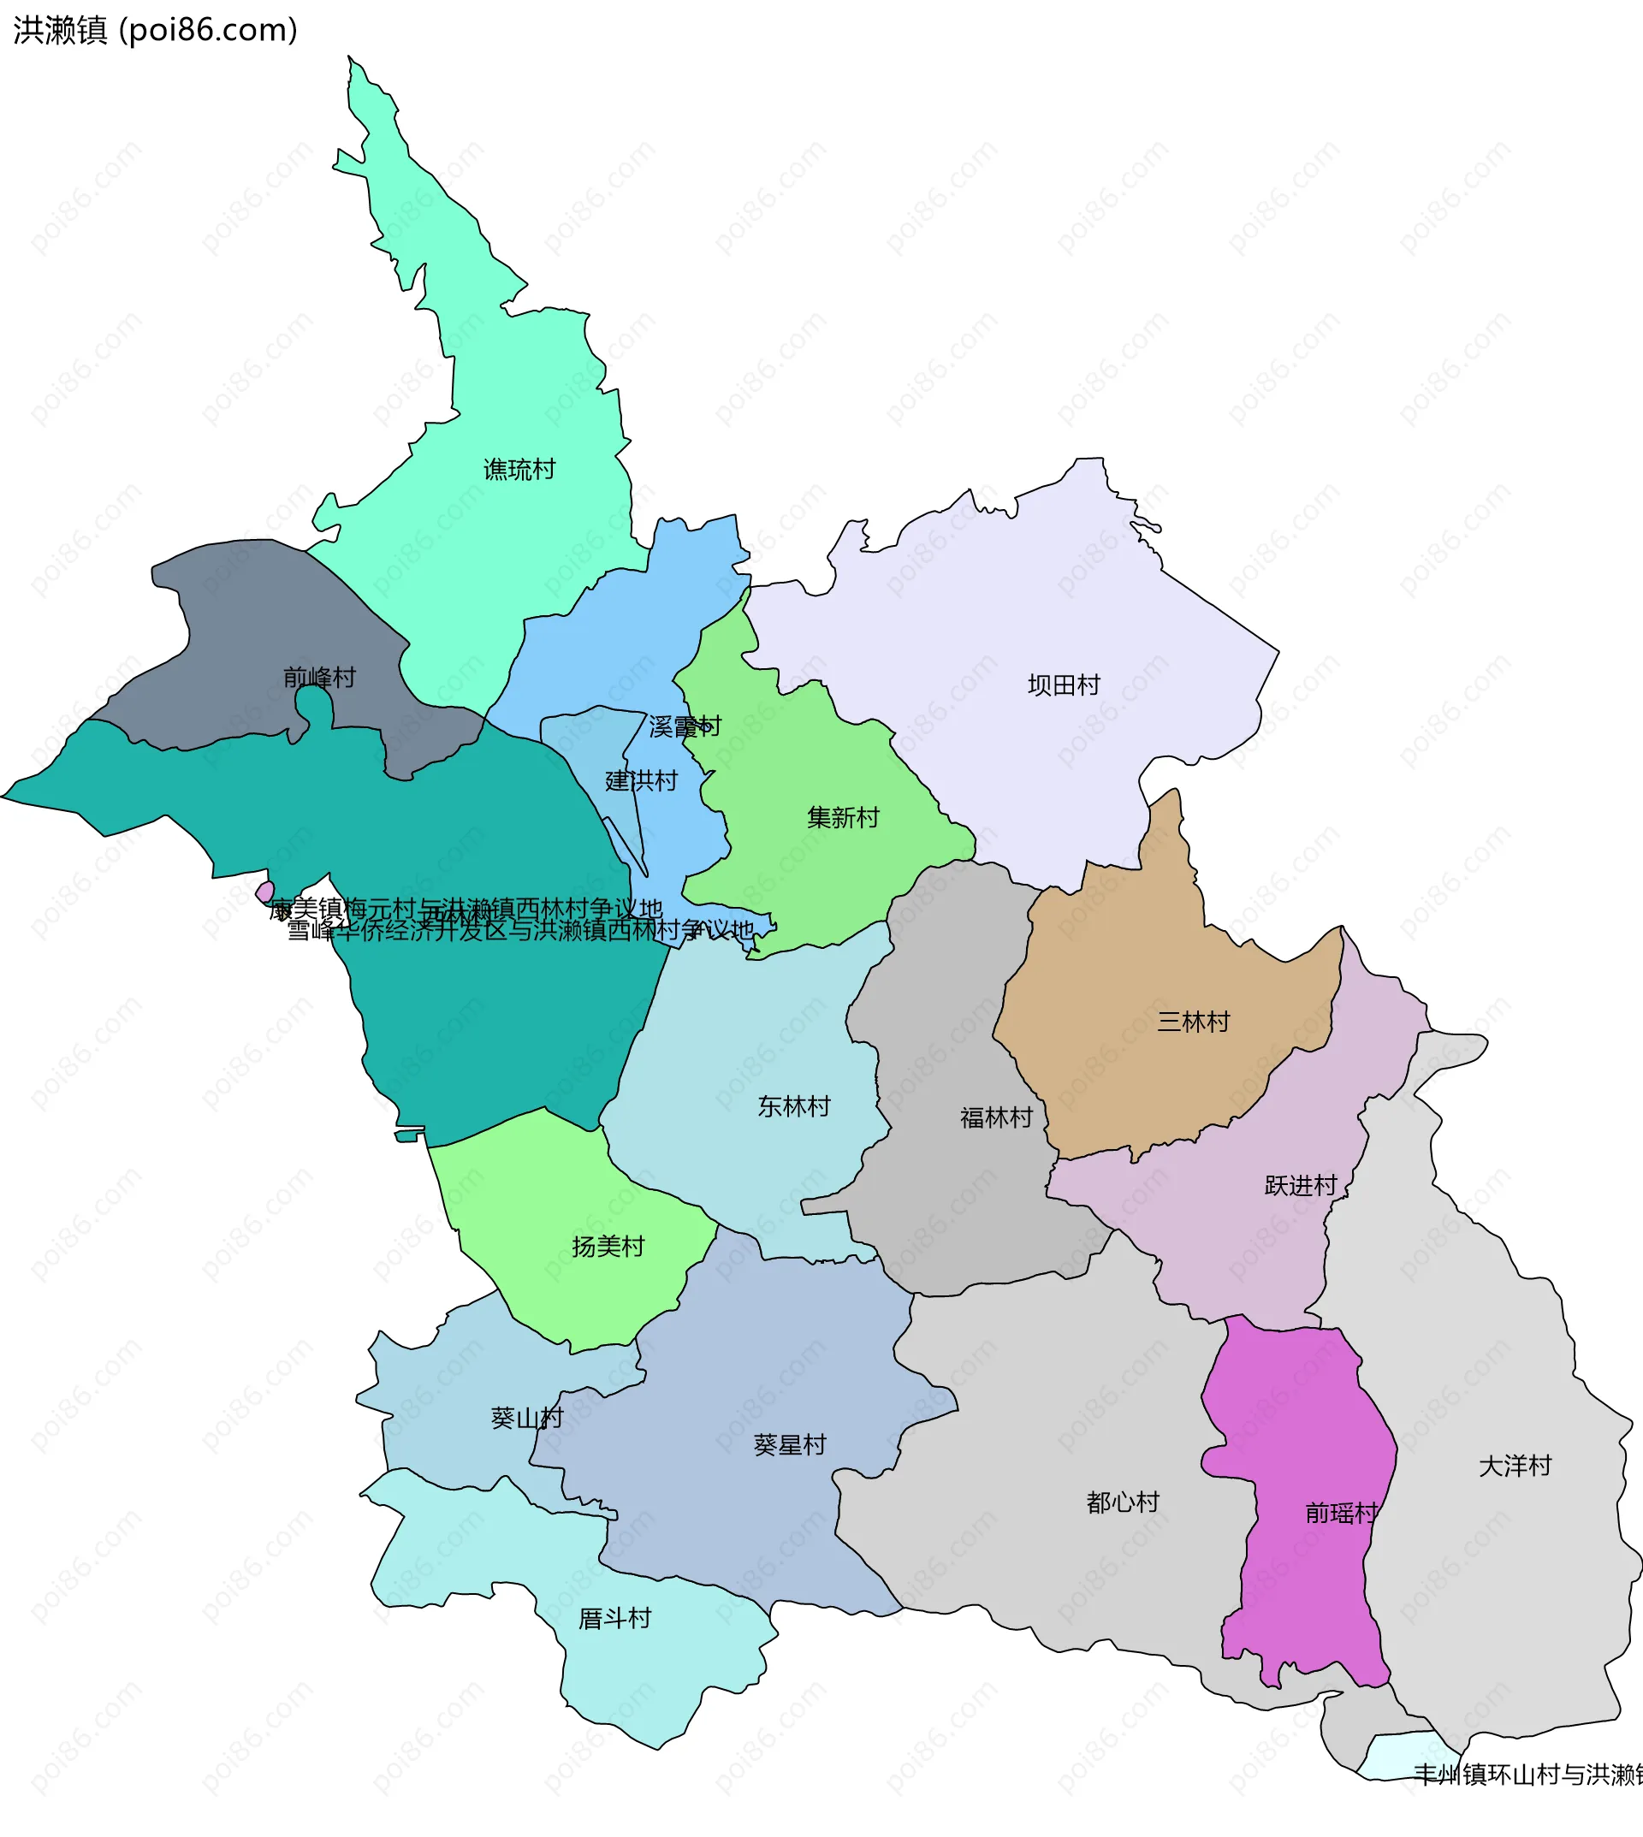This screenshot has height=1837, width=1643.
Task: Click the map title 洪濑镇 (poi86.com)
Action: [x=155, y=31]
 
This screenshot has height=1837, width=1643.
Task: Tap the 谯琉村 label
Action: [x=519, y=470]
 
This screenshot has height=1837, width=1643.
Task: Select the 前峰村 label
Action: [x=319, y=677]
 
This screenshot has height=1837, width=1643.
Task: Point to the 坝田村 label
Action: [x=1064, y=685]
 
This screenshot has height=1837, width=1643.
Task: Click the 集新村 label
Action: [x=843, y=818]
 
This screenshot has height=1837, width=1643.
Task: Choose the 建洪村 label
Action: [x=641, y=781]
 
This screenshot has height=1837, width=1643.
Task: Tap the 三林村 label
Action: [x=1194, y=1022]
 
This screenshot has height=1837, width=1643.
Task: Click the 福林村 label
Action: [x=996, y=1117]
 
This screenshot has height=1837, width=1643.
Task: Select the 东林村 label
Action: [x=793, y=1105]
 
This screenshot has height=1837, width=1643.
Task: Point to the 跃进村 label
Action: [x=1300, y=1185]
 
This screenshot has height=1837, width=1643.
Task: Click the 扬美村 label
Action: [x=608, y=1247]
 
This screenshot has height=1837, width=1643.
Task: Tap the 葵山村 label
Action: [x=526, y=1418]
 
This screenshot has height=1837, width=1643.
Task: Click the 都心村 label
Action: [x=1122, y=1502]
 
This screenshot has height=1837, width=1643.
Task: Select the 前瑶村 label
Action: [x=1342, y=1513]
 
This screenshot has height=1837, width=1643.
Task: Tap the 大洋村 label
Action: [x=1515, y=1466]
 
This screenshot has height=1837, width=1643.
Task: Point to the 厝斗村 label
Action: [x=614, y=1619]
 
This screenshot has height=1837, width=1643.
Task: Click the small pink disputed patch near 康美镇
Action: [x=265, y=892]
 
